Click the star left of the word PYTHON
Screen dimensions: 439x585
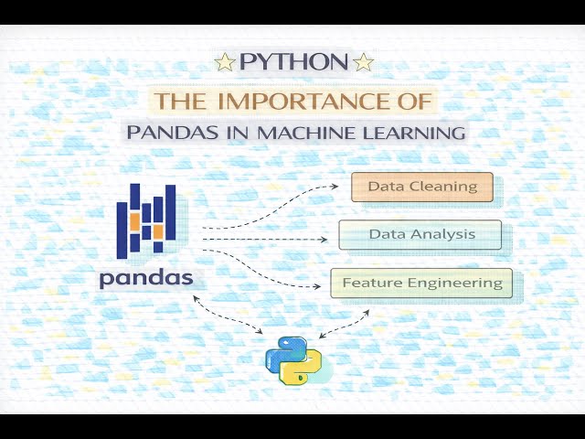224,62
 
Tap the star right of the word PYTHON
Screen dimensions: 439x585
364,62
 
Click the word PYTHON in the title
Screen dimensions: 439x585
293,62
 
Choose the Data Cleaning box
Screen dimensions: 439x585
422,187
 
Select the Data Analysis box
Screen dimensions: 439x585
420,234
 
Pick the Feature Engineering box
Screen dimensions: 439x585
421,283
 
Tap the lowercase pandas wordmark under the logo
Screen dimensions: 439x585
146,276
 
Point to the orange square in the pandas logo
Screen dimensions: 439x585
134,221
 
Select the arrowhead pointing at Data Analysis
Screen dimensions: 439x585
324,240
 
